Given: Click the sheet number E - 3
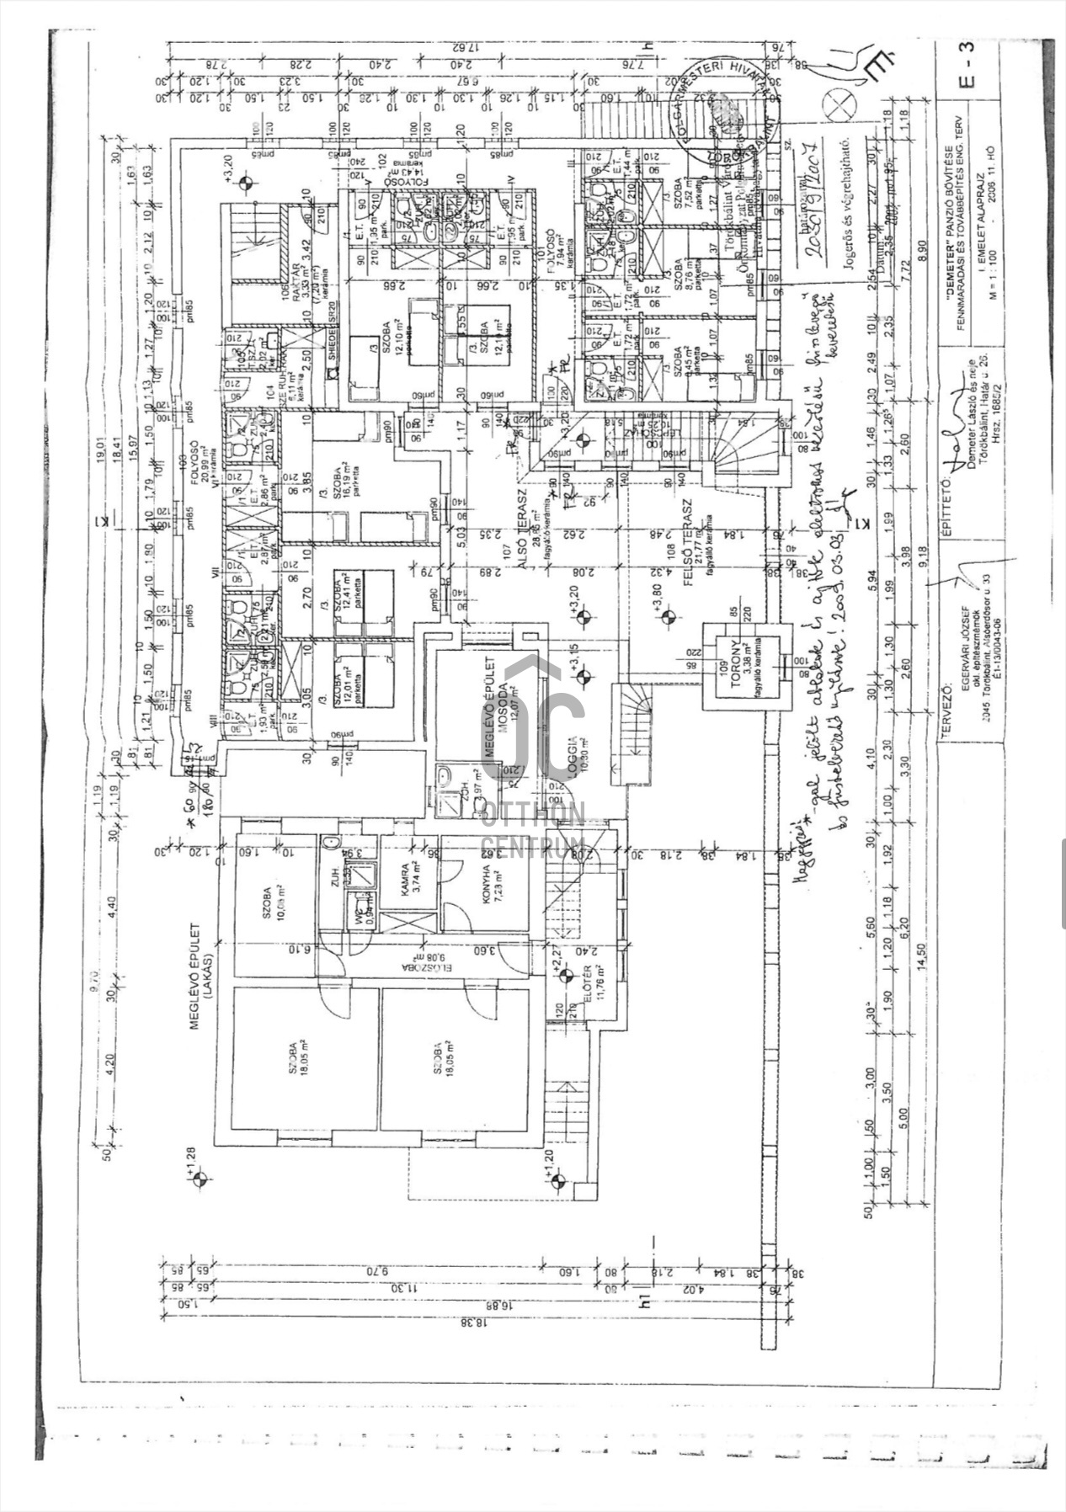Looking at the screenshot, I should click(967, 72).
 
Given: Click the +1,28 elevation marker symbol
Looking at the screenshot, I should click(199, 1179).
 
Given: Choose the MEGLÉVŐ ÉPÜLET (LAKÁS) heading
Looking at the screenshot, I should click(199, 977).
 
